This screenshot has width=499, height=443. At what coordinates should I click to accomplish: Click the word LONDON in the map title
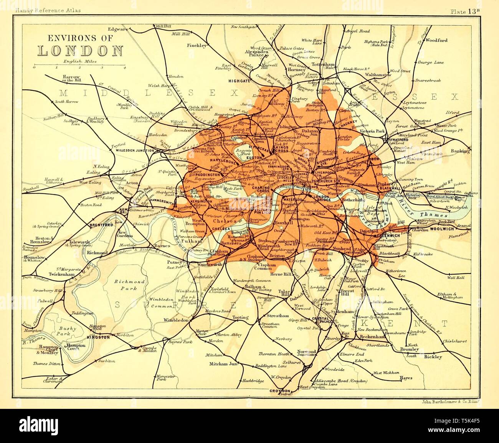pos(80,51)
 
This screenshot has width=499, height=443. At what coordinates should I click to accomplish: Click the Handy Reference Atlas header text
pos(47,11)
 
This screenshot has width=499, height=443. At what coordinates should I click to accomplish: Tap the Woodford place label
pos(436,40)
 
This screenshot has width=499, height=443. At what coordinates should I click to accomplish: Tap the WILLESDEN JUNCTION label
pos(134,151)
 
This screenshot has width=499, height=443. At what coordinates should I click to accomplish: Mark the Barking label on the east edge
pos(461,151)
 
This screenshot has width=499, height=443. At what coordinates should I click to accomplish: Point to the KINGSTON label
pos(98,338)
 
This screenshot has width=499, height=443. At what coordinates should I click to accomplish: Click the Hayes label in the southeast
pos(406,378)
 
